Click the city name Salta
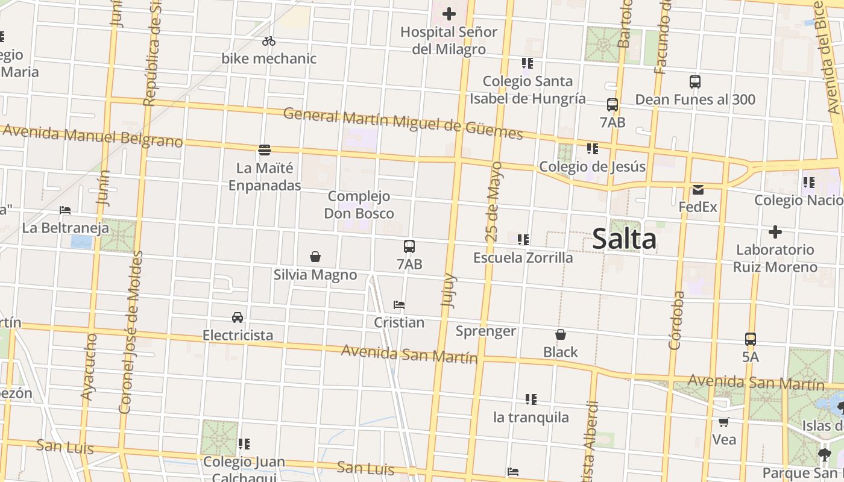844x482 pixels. click(x=624, y=239)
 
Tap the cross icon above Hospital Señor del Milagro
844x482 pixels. click(x=449, y=14)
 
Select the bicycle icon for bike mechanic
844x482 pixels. click(x=269, y=41)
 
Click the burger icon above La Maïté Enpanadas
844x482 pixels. click(x=265, y=149)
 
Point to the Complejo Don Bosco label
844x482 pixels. click(x=359, y=205)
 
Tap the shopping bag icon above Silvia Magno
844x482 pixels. click(x=315, y=257)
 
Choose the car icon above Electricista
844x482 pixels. click(x=238, y=318)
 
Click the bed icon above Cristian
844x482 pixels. click(x=398, y=305)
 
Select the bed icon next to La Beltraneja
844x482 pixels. click(x=65, y=210)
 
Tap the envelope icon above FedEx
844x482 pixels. click(x=698, y=190)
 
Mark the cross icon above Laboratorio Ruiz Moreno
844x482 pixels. click(x=775, y=232)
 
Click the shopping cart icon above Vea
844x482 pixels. click(x=724, y=422)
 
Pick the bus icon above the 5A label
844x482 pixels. click(x=751, y=339)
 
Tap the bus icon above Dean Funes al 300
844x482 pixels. click(x=695, y=82)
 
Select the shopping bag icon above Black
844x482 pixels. click(x=561, y=334)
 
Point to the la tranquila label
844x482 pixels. click(x=531, y=417)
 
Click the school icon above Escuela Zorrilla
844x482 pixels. click(x=523, y=240)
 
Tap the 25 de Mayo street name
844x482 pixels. click(x=494, y=202)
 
